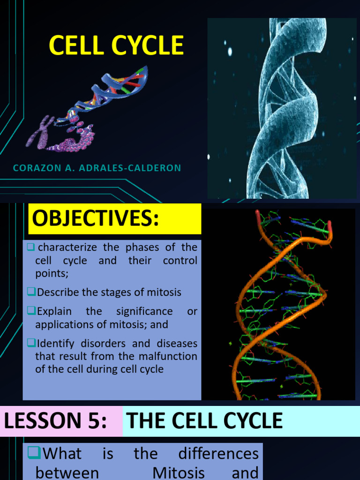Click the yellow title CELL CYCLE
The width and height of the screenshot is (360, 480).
click(116, 46)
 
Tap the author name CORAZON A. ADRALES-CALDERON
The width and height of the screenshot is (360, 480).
click(97, 168)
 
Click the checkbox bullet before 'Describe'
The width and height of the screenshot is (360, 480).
click(31, 292)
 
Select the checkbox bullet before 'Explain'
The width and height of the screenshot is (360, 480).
click(31, 311)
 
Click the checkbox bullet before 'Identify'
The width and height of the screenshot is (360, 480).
click(31, 344)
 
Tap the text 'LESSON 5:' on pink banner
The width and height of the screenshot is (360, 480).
click(55, 420)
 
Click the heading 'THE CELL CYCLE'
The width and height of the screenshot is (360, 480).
click(205, 420)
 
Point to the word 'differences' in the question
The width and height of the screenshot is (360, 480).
click(218, 453)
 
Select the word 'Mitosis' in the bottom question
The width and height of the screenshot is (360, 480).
click(179, 472)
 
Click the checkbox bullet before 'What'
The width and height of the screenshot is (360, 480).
click(35, 453)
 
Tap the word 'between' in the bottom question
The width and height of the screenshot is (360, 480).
click(67, 472)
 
